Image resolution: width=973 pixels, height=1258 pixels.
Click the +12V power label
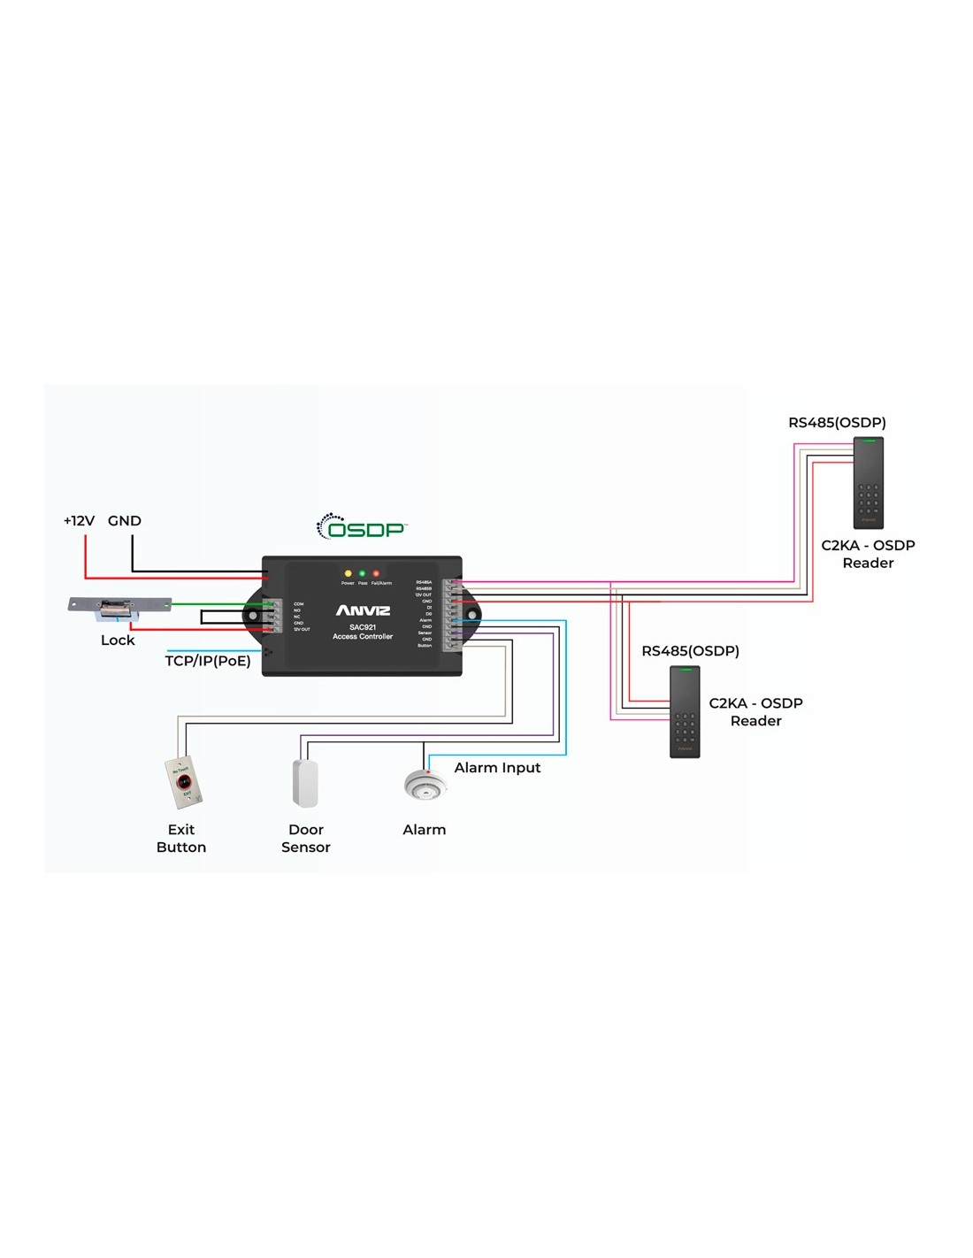pyautogui.click(x=79, y=521)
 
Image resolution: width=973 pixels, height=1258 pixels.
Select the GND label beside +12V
pyautogui.click(x=125, y=521)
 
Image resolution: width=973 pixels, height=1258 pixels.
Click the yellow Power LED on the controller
pyautogui.click(x=348, y=574)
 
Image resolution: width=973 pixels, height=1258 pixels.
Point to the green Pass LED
pyautogui.click(x=362, y=574)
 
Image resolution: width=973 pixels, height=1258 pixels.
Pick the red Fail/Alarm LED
pyautogui.click(x=376, y=574)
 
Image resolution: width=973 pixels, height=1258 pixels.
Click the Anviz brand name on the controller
pyautogui.click(x=363, y=610)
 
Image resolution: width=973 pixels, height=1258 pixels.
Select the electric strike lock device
pyautogui.click(x=119, y=608)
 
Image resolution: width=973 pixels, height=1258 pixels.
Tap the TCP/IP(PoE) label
pyautogui.click(x=208, y=661)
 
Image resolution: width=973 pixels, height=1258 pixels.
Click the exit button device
pyautogui.click(x=183, y=781)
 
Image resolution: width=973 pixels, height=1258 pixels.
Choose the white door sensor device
pyautogui.click(x=305, y=783)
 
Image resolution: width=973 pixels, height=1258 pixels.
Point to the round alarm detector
pyautogui.click(x=425, y=785)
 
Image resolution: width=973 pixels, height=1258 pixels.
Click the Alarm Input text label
pyautogui.click(x=497, y=768)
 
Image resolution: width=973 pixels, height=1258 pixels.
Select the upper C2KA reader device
pyautogui.click(x=869, y=483)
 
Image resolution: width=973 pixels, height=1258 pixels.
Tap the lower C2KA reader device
pyautogui.click(x=685, y=711)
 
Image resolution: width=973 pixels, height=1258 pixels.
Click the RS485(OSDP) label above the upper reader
pyautogui.click(x=837, y=423)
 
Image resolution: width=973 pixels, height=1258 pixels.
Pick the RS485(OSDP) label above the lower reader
pyautogui.click(x=690, y=651)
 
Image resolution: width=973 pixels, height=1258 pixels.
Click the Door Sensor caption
pyautogui.click(x=306, y=838)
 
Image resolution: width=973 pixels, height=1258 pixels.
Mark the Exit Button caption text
pyautogui.click(x=181, y=838)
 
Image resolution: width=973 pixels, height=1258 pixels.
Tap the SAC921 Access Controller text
pyautogui.click(x=363, y=632)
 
